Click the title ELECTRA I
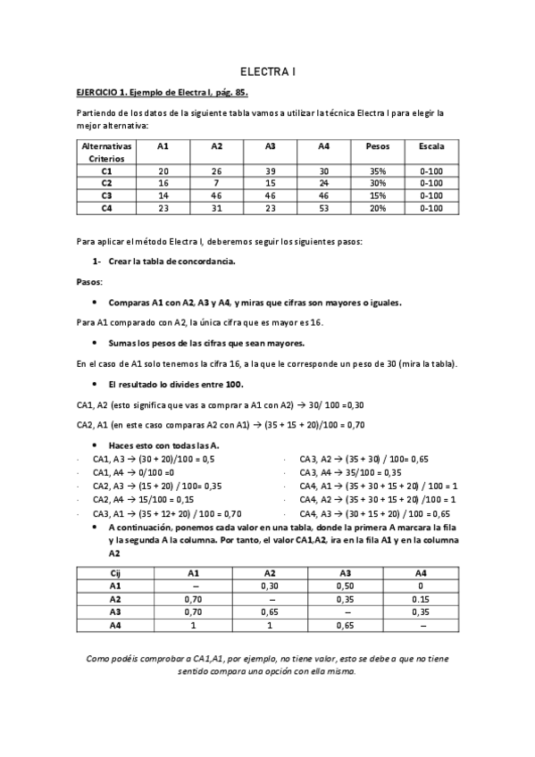267,71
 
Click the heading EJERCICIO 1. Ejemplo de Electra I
161,92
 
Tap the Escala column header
431,146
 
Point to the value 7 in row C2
217,183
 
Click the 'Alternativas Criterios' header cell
106,151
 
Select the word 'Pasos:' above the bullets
89,281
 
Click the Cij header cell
115,573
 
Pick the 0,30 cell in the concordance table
270,586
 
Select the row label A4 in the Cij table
115,626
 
